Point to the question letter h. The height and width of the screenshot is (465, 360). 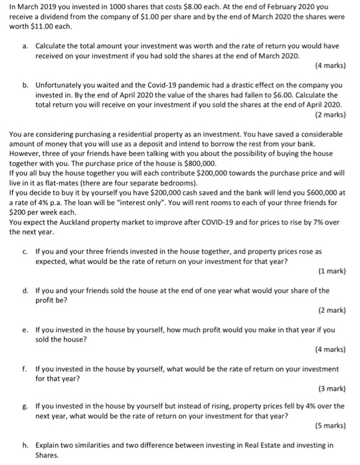tap(25, 443)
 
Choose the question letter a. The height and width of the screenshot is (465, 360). tap(25, 45)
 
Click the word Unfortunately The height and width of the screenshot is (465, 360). tap(64, 86)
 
